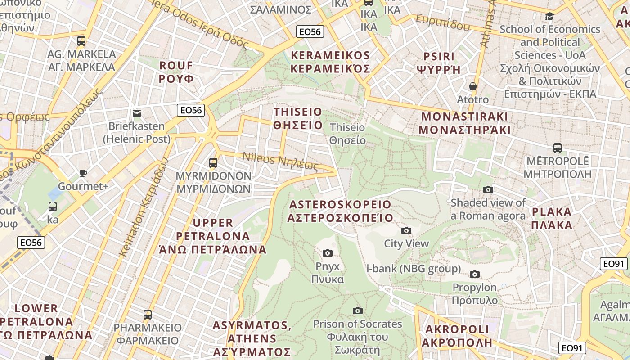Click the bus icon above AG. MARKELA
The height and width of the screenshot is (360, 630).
81,41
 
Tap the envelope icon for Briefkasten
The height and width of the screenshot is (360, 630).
137,113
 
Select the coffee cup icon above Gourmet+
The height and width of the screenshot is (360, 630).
83,173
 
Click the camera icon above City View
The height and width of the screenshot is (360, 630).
406,231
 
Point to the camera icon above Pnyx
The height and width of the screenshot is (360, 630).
328,253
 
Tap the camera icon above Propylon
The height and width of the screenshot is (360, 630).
474,274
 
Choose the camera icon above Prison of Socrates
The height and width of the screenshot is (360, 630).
358,310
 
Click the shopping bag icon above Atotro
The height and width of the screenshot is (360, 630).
472,86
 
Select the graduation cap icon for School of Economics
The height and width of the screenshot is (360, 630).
549,17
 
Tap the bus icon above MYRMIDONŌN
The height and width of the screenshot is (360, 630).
213,162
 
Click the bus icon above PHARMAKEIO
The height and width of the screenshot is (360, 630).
148,314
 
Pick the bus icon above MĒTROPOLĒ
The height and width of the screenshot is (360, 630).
557,148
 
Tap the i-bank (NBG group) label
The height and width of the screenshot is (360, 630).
414,269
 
